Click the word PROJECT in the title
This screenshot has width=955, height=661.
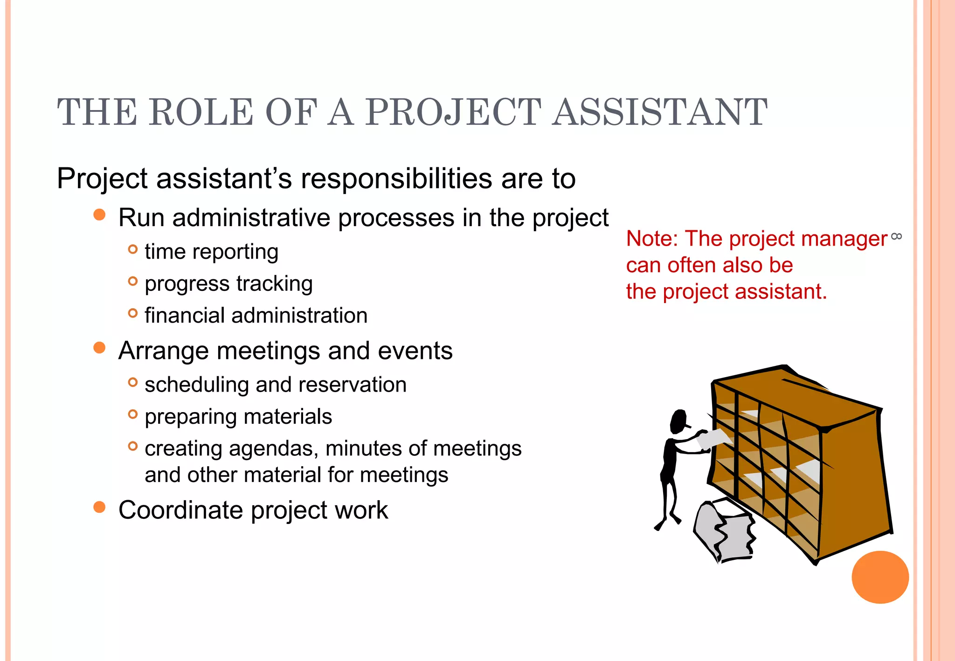tap(453, 112)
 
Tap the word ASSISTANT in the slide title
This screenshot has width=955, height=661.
tap(660, 112)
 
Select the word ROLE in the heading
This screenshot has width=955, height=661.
tap(201, 112)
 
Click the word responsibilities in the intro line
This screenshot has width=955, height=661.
tap(396, 179)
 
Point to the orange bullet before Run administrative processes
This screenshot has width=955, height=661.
tap(99, 215)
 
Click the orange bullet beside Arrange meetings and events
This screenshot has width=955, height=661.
tap(99, 348)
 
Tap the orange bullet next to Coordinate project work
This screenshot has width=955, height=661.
tap(99, 507)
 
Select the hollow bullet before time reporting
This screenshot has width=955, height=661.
tap(133, 249)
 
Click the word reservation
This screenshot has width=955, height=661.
tap(353, 385)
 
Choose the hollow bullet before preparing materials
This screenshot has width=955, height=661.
tap(133, 414)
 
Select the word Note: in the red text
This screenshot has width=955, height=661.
tap(652, 239)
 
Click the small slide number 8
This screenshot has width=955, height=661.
tap(896, 236)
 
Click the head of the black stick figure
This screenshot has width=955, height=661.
tap(679, 421)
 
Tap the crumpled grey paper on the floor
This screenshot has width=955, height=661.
tap(724, 531)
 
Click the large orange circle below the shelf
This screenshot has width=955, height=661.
tap(880, 577)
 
